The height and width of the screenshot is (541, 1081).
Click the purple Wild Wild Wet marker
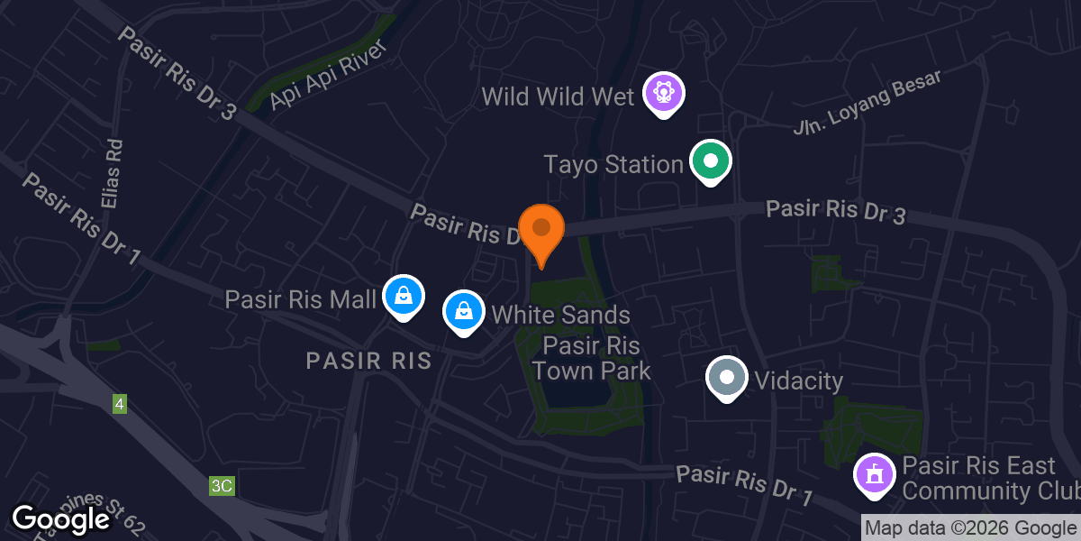664,94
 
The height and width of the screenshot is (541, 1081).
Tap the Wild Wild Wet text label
559,96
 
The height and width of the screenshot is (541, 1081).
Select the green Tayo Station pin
710,162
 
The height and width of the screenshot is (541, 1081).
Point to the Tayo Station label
613,164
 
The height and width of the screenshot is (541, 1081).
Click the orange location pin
541,231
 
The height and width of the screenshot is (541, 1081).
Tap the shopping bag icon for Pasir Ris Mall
403,296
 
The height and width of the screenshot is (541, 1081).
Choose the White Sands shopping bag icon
463,312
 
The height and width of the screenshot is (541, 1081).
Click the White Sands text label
560,315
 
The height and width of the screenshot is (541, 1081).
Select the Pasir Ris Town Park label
591,358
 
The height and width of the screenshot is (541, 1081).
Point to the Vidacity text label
798,381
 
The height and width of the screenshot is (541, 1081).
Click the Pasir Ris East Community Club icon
873,474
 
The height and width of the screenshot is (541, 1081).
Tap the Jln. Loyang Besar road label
867,102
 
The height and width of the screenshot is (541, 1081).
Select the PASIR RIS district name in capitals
368,362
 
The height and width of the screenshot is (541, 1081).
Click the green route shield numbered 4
120,404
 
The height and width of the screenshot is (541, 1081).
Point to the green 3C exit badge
222,486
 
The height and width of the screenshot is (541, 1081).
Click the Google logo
61,519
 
